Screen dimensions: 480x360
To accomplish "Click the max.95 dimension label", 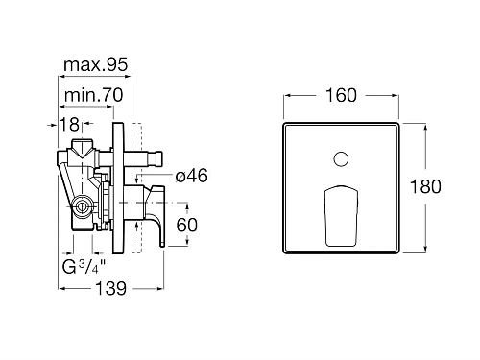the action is click(x=96, y=64).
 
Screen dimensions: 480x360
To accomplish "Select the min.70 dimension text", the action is click(x=94, y=95).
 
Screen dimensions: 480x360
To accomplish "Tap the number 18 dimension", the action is click(x=69, y=124).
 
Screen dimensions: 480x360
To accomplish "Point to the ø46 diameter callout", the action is click(x=192, y=176).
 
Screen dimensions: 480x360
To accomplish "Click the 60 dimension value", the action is click(x=187, y=225).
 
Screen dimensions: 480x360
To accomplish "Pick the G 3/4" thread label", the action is click(x=84, y=267).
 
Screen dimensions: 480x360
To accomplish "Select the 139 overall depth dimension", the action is click(x=111, y=289).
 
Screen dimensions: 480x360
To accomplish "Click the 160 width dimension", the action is click(x=341, y=95).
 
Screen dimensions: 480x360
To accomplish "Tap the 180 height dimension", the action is click(x=425, y=186).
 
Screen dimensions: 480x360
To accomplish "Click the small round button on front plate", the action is click(x=341, y=159).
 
